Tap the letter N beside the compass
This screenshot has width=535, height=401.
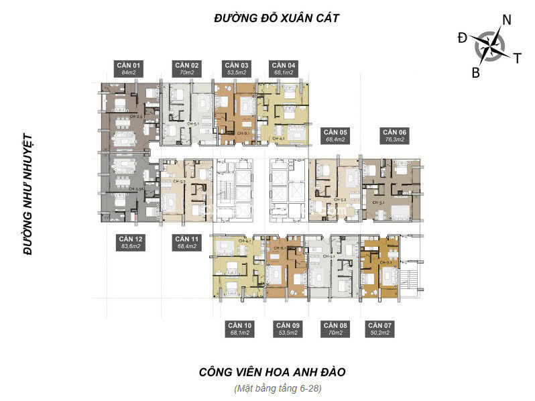[x=507, y=20]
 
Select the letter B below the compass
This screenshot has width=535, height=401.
[x=475, y=73]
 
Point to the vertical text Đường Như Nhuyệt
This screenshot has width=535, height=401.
[x=27, y=194]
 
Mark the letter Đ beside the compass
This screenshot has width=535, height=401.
[x=463, y=38]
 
